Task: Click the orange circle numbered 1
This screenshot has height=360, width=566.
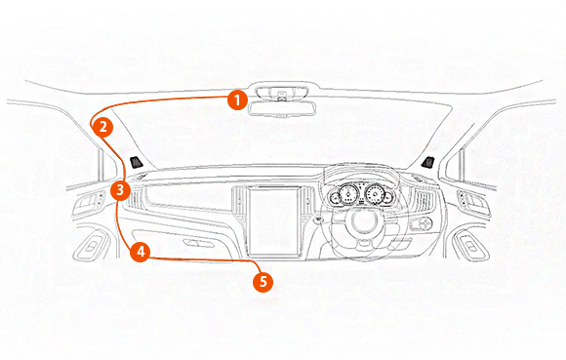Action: tap(237, 100)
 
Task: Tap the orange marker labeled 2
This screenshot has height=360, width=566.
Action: tap(102, 127)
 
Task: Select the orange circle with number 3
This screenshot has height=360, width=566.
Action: tap(120, 190)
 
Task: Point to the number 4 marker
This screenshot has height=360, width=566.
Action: tap(141, 252)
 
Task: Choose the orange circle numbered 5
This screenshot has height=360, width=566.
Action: tap(263, 281)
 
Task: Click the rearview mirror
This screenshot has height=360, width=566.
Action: tap(282, 109)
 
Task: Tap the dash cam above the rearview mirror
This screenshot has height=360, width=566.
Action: tap(282, 93)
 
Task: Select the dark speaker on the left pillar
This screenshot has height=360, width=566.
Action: tap(136, 162)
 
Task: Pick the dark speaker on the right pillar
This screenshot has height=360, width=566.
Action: tap(427, 162)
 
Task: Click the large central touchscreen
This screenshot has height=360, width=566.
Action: tap(274, 221)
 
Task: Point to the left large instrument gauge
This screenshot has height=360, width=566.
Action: tap(348, 194)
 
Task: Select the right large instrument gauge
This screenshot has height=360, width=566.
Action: tap(376, 194)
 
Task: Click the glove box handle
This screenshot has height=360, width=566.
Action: tap(198, 243)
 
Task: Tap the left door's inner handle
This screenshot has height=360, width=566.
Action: tap(89, 201)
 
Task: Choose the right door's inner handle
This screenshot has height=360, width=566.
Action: tap(474, 200)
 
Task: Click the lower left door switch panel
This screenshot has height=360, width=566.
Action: tap(92, 247)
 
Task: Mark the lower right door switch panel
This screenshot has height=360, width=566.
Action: tap(470, 247)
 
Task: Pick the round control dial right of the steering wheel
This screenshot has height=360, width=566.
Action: tap(425, 223)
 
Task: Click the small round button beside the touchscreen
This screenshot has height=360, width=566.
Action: tap(317, 220)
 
